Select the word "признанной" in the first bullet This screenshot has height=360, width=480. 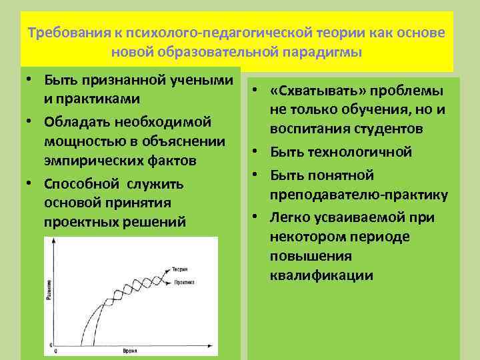(117, 80)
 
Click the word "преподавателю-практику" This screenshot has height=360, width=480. (359, 195)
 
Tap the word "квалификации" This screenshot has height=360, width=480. (322, 275)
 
